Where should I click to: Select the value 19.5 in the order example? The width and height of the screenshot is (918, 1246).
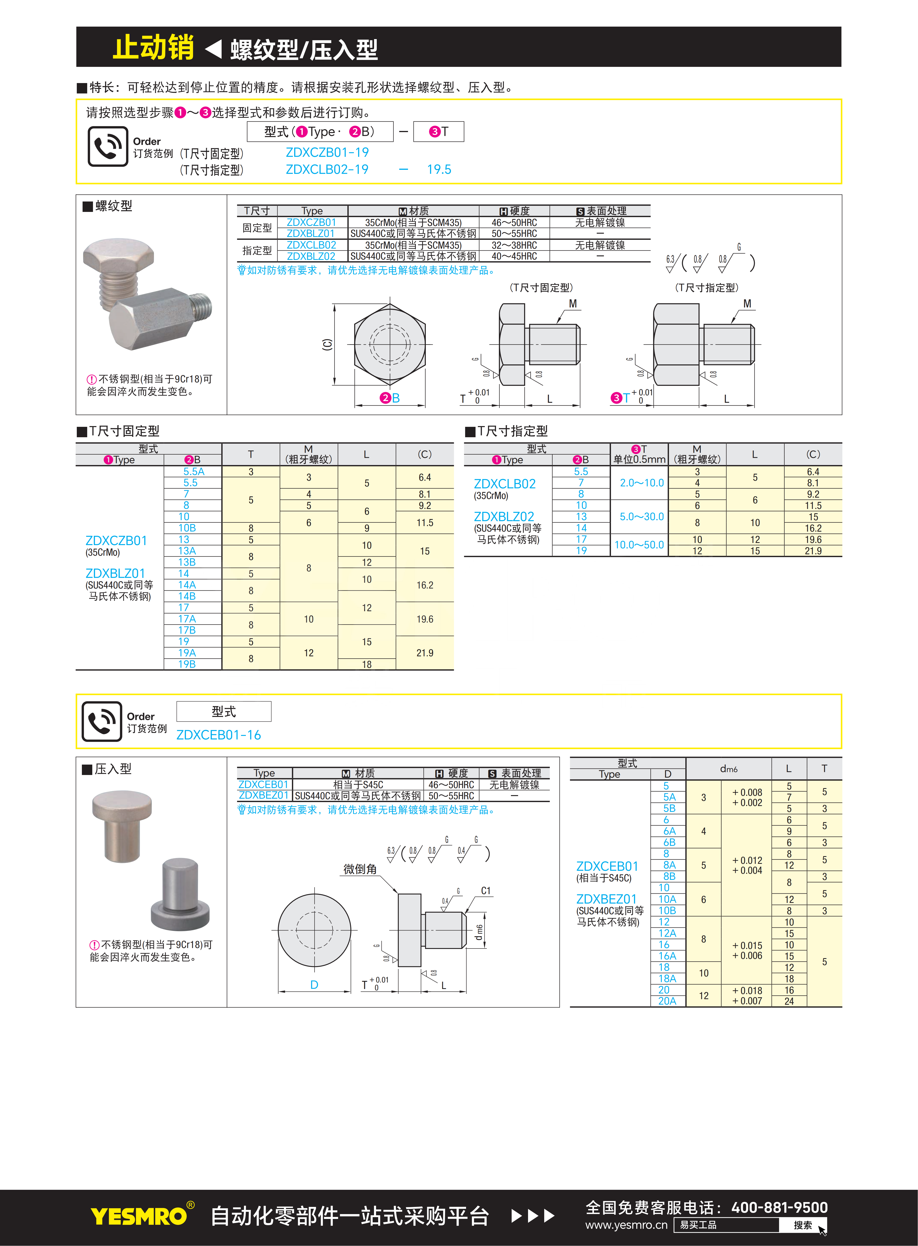coord(439,170)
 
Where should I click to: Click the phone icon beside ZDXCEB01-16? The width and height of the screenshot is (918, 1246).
coord(102,721)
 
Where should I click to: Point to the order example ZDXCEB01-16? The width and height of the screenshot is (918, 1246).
coord(218,735)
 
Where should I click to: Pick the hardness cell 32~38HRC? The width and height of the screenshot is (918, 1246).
coord(514,245)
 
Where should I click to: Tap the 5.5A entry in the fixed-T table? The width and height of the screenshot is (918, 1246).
coord(194,471)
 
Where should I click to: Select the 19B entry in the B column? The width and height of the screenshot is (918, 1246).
coord(187,664)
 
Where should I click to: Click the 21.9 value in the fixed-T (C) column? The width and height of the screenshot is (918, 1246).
coord(425,653)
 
